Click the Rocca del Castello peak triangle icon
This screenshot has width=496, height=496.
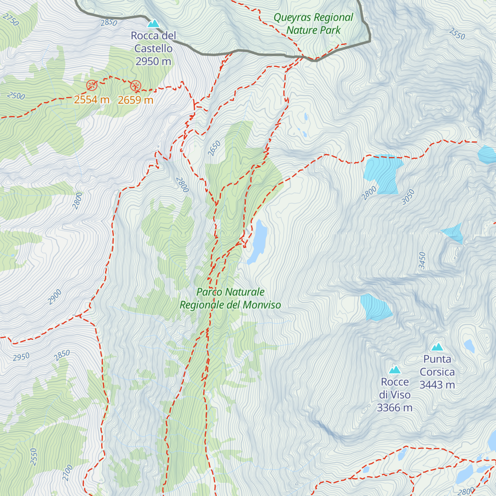click(x=153, y=24)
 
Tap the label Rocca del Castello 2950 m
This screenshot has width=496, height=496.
click(x=153, y=48)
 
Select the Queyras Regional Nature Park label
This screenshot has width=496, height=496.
click(x=313, y=24)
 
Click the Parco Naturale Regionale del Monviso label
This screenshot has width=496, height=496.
click(x=230, y=298)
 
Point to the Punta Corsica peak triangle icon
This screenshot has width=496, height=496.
click(x=437, y=347)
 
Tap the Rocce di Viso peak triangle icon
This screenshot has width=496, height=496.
click(x=395, y=370)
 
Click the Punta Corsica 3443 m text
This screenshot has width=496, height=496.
click(x=437, y=372)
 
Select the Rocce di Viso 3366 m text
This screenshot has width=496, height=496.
click(x=395, y=395)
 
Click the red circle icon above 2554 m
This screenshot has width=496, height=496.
click(x=92, y=86)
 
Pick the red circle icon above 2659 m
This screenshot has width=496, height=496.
click(x=136, y=86)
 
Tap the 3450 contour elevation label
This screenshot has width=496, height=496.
click(x=422, y=260)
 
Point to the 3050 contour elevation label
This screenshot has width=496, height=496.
click(x=408, y=197)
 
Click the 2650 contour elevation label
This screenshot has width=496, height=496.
click(x=214, y=148)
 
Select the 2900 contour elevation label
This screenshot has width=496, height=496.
click(x=55, y=297)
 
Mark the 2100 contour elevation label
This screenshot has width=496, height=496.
click(x=67, y=472)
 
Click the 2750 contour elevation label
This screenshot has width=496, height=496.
click(x=11, y=19)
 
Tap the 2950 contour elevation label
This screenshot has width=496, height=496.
click(x=21, y=357)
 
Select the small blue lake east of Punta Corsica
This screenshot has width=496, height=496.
click(x=469, y=346)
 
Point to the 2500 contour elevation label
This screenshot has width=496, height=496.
click(x=16, y=96)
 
